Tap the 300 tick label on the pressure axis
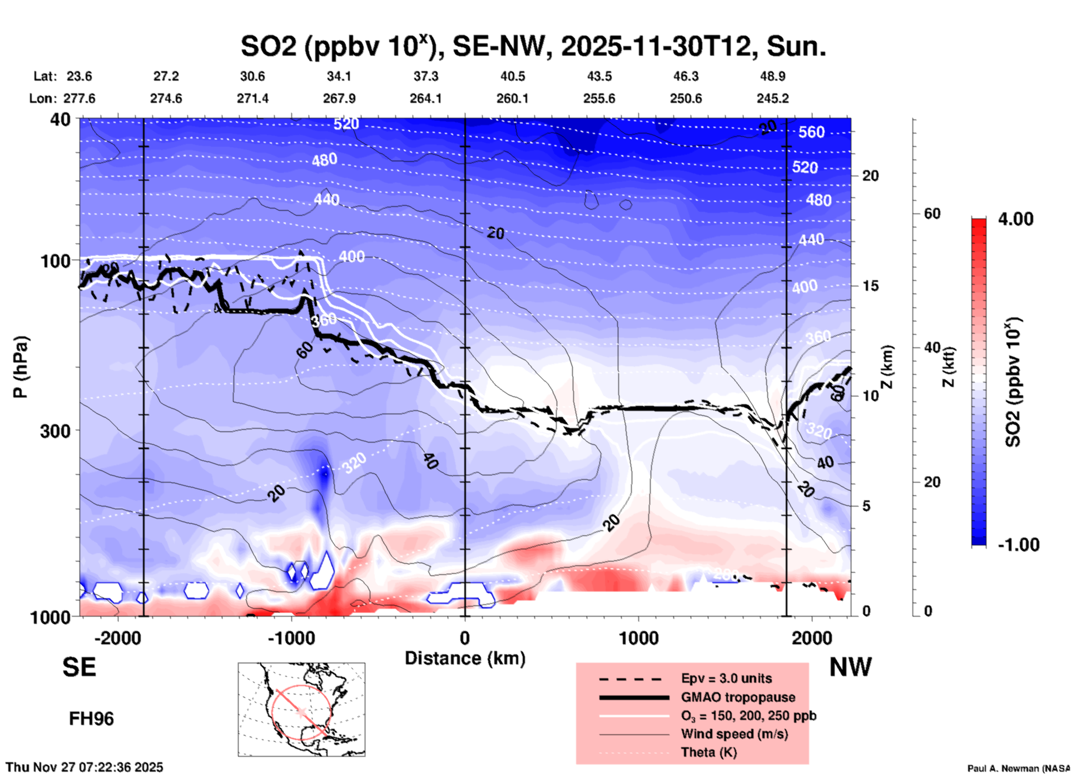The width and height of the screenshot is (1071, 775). tap(55, 431)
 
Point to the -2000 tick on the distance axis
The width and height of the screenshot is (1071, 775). tap(117, 638)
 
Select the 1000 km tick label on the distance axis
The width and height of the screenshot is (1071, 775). tap(638, 638)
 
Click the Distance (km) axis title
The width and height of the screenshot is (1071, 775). tap(465, 658)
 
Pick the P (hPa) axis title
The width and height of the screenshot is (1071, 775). tap(21, 367)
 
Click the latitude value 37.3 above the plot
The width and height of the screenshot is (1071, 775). tap(426, 76)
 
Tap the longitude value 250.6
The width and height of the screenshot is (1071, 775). tap(686, 98)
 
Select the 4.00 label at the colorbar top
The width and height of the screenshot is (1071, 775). tap(1015, 219)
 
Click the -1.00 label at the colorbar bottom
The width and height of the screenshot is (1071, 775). tap(1018, 545)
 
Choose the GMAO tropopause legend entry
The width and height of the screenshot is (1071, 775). tap(737, 697)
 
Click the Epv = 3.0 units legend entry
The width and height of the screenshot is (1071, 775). tap(726, 679)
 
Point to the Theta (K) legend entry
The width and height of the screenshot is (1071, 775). tap(708, 753)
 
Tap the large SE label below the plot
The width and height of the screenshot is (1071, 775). tap(79, 667)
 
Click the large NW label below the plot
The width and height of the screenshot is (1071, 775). tap(850, 667)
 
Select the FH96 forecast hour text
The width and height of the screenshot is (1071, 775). tap(91, 719)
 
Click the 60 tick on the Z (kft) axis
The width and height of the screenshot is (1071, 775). tap(932, 213)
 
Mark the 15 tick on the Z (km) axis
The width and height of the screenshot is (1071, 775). tap(870, 286)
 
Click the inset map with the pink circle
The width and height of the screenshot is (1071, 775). tap(301, 709)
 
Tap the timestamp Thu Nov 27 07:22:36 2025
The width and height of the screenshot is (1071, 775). tap(85, 767)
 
